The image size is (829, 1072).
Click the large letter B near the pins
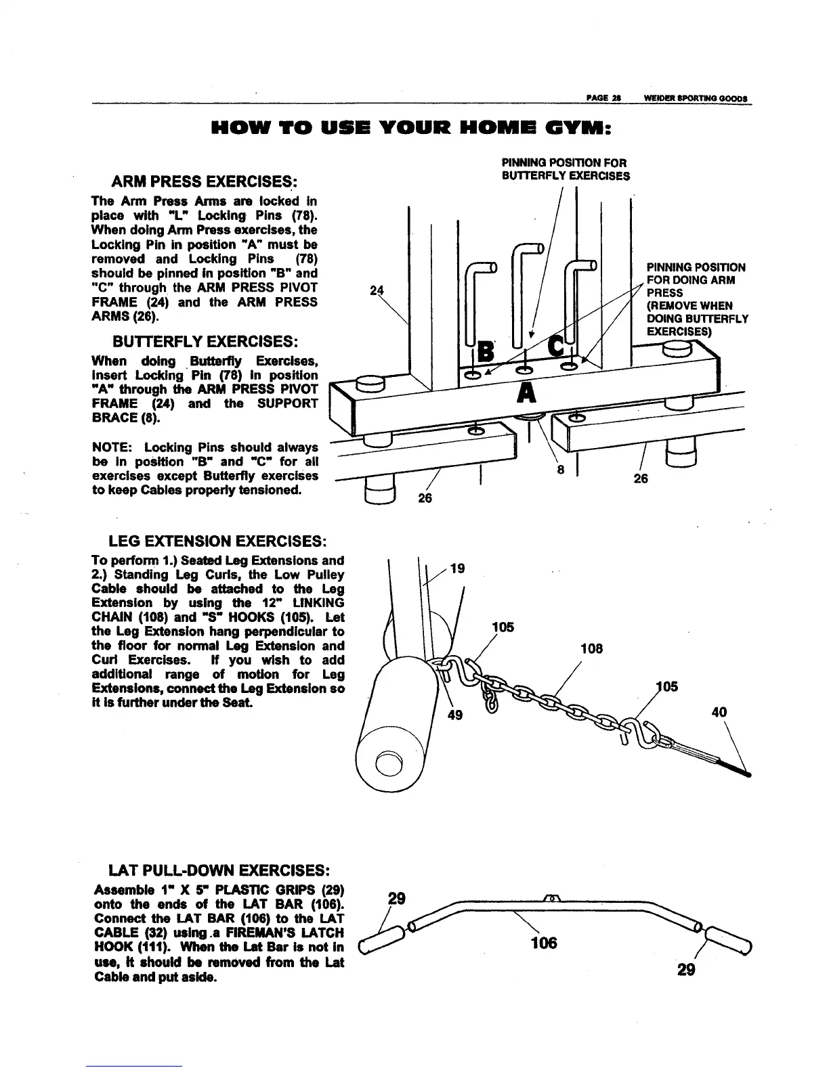[486, 351]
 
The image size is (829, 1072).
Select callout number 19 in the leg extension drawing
[457, 568]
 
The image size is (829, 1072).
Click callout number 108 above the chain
[591, 649]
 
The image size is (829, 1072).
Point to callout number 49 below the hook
[456, 714]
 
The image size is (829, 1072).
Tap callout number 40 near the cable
[719, 712]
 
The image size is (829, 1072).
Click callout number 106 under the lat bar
[544, 942]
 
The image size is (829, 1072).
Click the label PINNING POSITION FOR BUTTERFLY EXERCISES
[565, 169]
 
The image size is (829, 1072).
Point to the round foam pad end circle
[389, 763]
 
